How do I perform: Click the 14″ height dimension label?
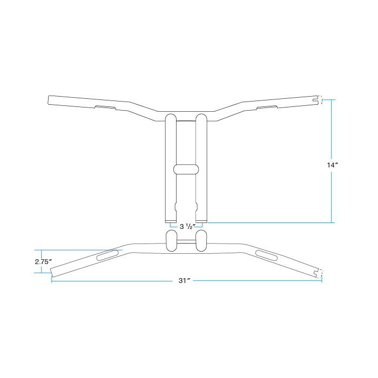[333, 165]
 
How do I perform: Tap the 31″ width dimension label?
[185, 281]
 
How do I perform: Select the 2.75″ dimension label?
[43, 261]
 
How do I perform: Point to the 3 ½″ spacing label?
[187, 226]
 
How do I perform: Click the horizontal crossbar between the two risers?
[186, 169]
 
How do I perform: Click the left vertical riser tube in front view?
[171, 168]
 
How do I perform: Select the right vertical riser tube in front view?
[201, 168]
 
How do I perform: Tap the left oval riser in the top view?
[171, 240]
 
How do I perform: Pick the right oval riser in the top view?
[201, 240]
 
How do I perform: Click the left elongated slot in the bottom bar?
[107, 255]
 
